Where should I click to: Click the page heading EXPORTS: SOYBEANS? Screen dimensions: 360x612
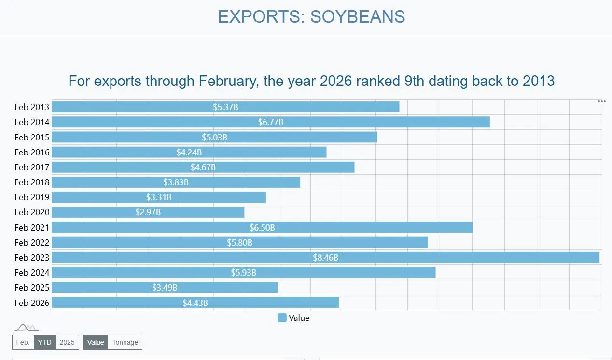coord(311,17)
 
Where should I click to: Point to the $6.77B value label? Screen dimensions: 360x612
coord(271,122)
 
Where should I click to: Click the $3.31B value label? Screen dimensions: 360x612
coord(159,197)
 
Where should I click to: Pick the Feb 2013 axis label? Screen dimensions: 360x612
coord(32,107)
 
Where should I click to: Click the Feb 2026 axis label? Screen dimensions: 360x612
coord(32,303)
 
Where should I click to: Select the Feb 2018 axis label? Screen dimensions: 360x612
coord(32,182)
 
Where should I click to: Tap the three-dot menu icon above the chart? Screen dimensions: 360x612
coord(601,101)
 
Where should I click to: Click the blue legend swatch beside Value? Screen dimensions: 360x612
coord(282,318)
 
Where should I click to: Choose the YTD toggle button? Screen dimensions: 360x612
coord(44,342)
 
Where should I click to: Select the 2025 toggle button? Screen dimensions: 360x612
coord(67,342)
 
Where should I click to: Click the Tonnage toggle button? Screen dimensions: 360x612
coord(125,342)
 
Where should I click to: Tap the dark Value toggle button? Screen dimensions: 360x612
coord(96,342)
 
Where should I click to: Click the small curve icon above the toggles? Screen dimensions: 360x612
coord(27,328)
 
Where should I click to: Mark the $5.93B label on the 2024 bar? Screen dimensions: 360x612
coord(244,273)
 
